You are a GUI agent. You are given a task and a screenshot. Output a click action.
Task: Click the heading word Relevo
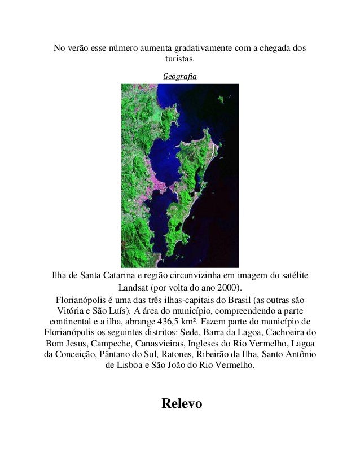pyautogui.click(x=180, y=404)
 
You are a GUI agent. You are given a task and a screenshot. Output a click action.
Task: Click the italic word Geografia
pyautogui.click(x=180, y=75)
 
